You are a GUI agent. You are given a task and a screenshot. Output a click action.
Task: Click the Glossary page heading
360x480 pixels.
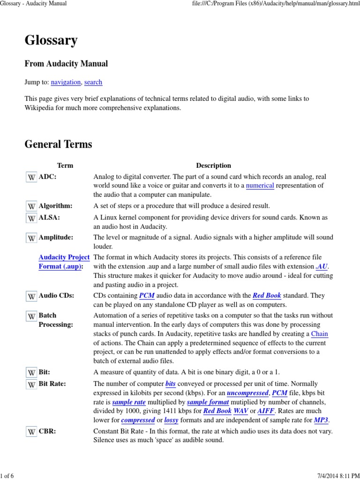[51, 41]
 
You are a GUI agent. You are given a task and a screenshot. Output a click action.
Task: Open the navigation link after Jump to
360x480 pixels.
[66, 82]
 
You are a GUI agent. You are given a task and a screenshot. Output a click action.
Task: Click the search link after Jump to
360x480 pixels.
[93, 82]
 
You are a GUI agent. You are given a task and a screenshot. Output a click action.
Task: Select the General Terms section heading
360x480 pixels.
[58, 144]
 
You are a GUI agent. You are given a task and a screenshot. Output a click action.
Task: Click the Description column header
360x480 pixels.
[213, 165]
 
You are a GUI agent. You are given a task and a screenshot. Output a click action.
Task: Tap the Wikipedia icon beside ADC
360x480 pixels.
[31, 177]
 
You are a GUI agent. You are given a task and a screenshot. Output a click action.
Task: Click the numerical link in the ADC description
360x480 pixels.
[260, 186]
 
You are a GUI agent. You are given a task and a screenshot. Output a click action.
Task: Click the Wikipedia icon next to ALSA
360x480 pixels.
[31, 218]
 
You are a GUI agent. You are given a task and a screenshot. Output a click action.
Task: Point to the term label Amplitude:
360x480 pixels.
[56, 238]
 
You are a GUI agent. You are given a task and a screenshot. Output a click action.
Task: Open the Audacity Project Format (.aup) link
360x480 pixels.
[64, 262]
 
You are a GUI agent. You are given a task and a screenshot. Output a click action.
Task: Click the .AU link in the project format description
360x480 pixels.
[322, 267]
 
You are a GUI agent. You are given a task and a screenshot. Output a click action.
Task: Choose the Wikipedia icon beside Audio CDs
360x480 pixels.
[31, 296]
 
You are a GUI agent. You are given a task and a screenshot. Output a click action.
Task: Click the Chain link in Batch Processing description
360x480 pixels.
[320, 334]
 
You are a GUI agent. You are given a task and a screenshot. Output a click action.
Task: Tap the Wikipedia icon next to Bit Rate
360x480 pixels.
[31, 384]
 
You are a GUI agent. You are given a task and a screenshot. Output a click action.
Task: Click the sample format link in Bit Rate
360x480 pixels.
[208, 402]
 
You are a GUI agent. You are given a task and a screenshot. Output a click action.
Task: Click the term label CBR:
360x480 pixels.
[47, 431]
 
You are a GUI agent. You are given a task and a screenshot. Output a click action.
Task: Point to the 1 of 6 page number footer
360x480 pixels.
[8, 476]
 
